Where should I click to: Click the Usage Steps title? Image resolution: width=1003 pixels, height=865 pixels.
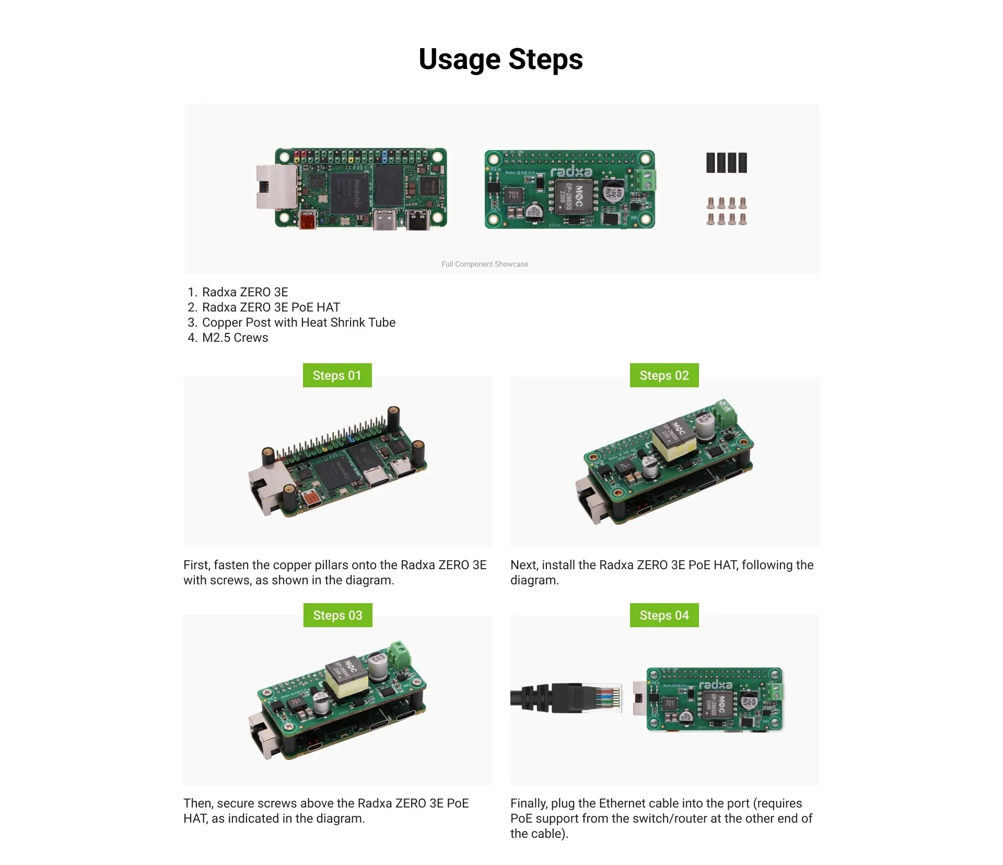500,59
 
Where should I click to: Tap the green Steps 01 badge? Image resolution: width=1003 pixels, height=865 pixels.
337,375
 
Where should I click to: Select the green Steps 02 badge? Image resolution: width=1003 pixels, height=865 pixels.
664,375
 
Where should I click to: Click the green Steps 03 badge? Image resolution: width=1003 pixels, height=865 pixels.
337,615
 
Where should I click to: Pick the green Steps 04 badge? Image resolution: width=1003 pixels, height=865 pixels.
664,615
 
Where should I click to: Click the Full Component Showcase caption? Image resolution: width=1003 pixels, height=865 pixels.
484,264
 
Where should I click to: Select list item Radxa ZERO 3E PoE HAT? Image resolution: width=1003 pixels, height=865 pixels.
271,307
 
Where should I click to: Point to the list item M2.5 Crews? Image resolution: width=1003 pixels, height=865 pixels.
235,338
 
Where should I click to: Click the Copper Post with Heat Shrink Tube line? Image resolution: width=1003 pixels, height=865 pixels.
298,322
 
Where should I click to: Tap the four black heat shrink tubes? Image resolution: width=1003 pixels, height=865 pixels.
726,163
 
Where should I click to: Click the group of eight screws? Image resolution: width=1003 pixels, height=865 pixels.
726,211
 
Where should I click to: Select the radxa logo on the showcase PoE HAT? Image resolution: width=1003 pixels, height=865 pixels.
571,172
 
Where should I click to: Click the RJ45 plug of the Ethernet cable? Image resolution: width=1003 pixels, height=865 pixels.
601,698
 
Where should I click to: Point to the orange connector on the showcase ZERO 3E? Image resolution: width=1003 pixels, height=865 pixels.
307,220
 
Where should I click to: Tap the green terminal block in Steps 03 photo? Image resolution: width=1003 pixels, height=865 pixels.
400,656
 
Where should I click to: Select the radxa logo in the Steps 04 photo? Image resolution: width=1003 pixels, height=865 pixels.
715,685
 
